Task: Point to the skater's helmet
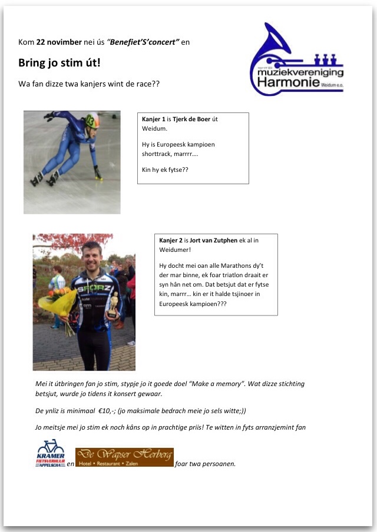[x=92, y=120]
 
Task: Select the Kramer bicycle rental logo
[x=50, y=453]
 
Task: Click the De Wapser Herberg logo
[x=124, y=457]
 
